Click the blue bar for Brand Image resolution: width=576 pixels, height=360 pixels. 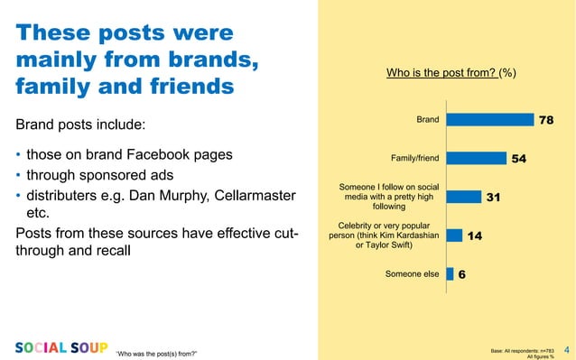488,120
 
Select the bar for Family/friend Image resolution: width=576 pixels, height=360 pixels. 476,159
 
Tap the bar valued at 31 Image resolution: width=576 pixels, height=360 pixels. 463,197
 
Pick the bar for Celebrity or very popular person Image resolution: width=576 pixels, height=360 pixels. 453,235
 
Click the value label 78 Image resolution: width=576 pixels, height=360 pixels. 546,120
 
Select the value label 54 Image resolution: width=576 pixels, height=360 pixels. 519,159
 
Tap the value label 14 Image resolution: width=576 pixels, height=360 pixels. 474,235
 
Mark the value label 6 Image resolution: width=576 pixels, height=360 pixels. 461,274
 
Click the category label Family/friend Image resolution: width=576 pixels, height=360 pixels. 414,159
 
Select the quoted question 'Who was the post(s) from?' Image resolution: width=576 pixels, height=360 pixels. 156,352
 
